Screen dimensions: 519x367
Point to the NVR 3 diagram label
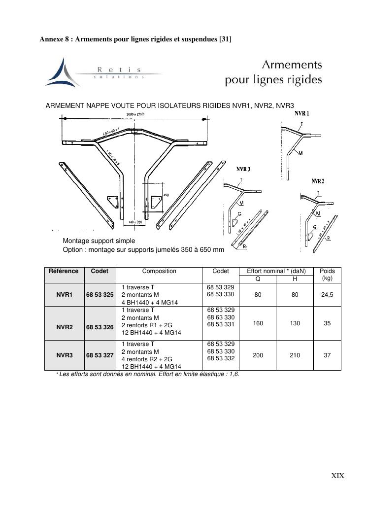click(x=243, y=169)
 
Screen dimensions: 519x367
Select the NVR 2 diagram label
click(x=318, y=181)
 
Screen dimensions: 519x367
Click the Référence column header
click(x=64, y=271)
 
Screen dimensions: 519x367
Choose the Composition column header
click(x=159, y=271)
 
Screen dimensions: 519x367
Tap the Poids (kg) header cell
click(x=327, y=275)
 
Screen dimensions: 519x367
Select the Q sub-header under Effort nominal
click(x=258, y=279)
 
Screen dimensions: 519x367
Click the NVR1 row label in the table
click(x=64, y=295)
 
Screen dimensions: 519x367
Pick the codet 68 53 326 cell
click(x=100, y=327)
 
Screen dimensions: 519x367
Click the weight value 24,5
click(x=327, y=295)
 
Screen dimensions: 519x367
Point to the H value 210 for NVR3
click(x=295, y=355)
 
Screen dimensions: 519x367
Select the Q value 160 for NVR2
click(x=258, y=324)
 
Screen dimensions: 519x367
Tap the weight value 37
click(x=327, y=355)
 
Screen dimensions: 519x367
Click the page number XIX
click(x=337, y=476)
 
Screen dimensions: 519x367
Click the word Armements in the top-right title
click(x=292, y=65)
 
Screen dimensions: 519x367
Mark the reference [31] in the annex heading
click(x=225, y=39)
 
